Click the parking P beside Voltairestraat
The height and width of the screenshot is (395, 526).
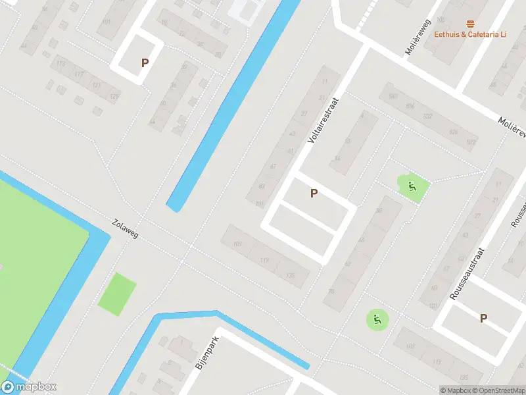point(314,194)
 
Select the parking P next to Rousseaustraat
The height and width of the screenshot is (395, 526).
point(483,318)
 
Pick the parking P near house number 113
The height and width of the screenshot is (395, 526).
point(145,63)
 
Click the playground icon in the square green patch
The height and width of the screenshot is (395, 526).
point(412,186)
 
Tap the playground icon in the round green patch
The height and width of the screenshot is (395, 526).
point(377,320)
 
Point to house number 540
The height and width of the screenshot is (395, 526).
point(394,96)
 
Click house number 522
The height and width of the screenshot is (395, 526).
point(471,142)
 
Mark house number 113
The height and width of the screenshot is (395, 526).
point(60,63)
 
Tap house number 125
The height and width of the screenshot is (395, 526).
point(114,97)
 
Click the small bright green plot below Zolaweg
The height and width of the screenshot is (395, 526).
point(117,294)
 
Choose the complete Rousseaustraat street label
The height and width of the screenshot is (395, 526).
point(467,274)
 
